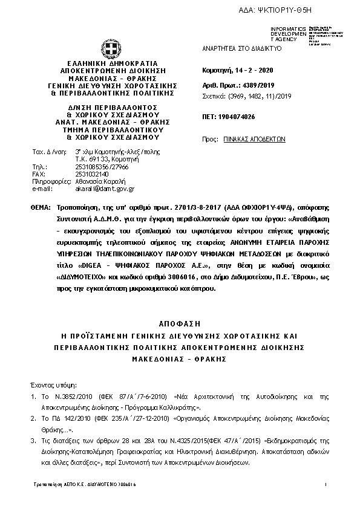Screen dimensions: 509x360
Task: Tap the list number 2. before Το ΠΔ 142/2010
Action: click(34, 418)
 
